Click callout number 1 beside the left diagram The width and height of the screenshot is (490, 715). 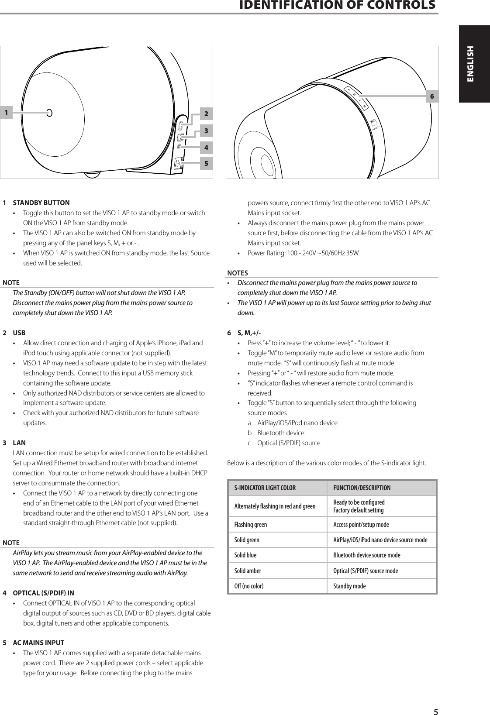6,113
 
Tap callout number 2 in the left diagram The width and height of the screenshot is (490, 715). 206,114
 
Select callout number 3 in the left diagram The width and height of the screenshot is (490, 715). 206,131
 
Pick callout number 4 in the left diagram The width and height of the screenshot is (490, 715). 206,148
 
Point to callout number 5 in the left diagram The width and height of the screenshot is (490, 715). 206,164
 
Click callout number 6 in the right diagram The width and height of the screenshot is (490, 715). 432,96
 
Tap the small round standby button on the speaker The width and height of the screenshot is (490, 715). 49,113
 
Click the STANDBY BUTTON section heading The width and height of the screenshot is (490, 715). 41,203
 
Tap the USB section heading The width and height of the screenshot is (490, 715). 19,333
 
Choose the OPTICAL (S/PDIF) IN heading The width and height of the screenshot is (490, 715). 43,593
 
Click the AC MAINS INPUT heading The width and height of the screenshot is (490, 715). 38,643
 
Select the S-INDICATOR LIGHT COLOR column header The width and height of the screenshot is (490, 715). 265,488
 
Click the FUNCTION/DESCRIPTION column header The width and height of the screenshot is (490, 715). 362,488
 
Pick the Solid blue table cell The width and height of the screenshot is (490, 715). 245,555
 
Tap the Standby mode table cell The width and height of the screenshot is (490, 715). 349,586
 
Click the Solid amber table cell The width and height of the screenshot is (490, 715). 248,571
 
